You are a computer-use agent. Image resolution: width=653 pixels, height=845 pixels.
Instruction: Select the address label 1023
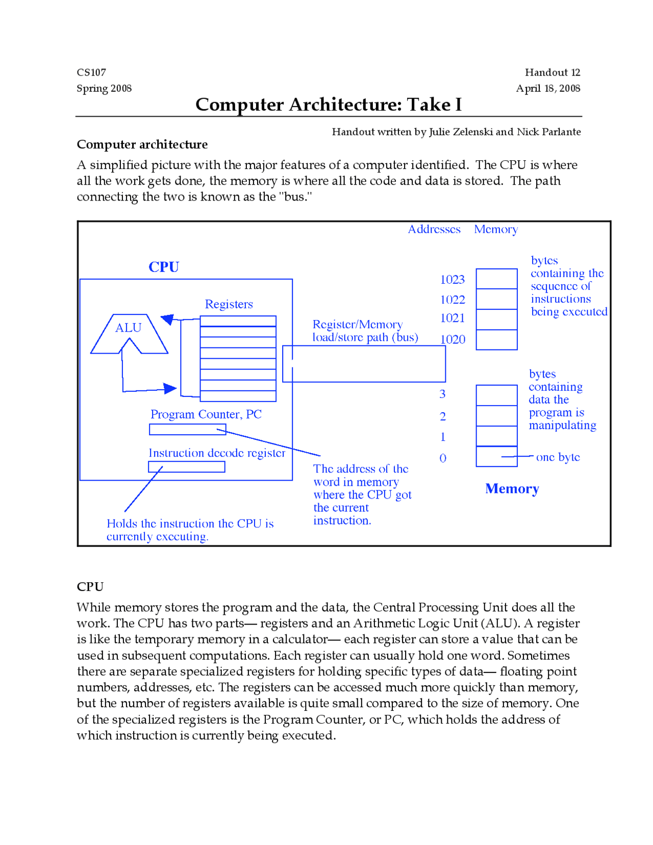click(453, 280)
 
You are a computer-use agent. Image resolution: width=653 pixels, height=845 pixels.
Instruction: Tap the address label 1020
click(453, 339)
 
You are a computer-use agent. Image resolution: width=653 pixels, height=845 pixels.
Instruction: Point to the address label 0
click(443, 458)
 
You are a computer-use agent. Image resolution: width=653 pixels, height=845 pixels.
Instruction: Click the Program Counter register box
click(187, 430)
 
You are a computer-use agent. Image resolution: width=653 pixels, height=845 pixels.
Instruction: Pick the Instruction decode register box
click(186, 467)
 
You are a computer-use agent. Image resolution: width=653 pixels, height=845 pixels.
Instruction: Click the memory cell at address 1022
click(496, 299)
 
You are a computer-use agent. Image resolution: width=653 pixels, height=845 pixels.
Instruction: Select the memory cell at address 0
click(496, 456)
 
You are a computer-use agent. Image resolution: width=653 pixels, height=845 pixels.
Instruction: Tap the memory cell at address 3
click(496, 395)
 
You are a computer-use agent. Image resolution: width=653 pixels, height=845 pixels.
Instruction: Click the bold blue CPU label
click(164, 267)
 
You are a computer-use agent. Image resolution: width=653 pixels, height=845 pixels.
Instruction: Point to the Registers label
click(229, 304)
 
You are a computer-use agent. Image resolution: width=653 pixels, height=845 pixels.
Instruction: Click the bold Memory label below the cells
click(512, 489)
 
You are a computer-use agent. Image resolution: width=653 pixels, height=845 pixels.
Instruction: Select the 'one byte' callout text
click(558, 457)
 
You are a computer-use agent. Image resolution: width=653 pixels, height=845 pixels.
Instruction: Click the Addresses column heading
click(434, 230)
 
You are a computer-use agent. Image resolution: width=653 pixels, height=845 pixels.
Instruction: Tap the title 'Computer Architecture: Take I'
click(329, 105)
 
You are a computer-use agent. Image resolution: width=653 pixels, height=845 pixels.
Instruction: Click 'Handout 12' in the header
click(552, 72)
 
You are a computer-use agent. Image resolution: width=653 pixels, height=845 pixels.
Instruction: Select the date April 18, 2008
click(548, 88)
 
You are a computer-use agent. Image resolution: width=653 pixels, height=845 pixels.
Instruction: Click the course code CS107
click(91, 72)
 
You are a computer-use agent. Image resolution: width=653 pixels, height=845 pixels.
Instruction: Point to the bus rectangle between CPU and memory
click(364, 364)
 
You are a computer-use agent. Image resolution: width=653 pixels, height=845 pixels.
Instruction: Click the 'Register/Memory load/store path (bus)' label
click(365, 331)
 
